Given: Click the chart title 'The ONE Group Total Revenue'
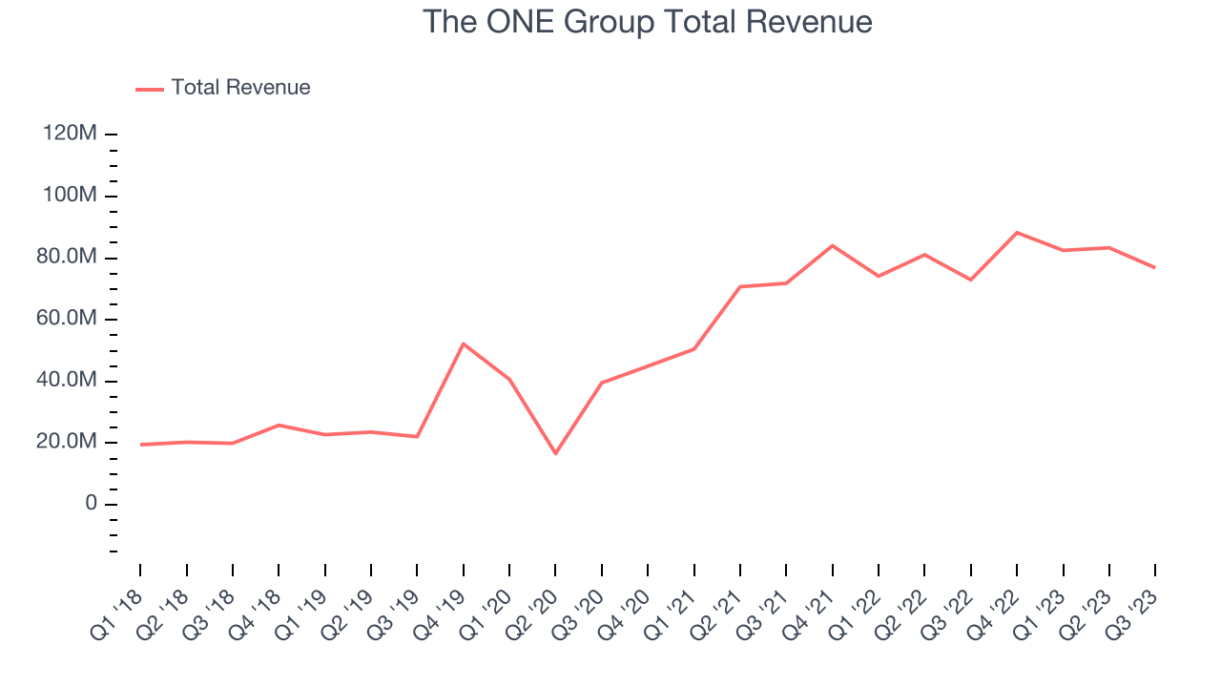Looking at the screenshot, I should (648, 21).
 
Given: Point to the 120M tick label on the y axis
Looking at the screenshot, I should (70, 135).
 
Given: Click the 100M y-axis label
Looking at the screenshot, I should (70, 196).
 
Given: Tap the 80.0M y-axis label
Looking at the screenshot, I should (65, 258).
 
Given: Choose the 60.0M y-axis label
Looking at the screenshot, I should (65, 319).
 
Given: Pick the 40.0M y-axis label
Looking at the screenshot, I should (65, 381).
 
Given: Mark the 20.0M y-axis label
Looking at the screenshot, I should (65, 442).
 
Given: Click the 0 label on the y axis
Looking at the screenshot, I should (91, 504).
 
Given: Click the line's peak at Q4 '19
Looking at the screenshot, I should (464, 343).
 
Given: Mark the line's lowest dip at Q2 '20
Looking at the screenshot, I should (555, 453).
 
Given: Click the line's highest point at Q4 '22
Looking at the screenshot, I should (1017, 232).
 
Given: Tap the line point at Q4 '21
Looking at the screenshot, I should (833, 245).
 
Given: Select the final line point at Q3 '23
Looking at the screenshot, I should (1155, 267).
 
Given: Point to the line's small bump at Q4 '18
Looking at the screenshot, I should (279, 425).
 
